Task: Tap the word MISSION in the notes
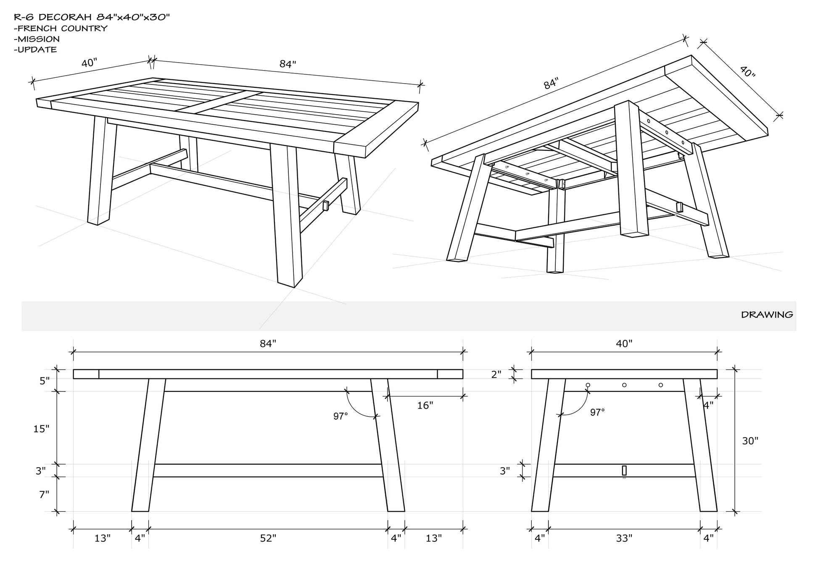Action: tap(39, 39)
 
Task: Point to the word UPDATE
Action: tap(37, 49)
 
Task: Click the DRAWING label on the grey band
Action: tap(767, 314)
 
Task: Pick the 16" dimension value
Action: tap(425, 405)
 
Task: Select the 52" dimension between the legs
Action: tap(268, 538)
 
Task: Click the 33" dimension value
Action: tap(624, 538)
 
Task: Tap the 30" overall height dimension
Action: tap(750, 441)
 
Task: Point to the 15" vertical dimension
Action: tap(41, 429)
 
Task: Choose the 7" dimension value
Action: tap(44, 494)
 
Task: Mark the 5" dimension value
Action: tap(44, 381)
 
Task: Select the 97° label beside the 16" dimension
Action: tap(340, 416)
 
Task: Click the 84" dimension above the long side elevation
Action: tap(268, 344)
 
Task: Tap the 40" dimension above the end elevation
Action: tap(624, 344)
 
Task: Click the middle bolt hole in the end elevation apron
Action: tap(624, 385)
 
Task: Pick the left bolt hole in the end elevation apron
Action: tap(588, 385)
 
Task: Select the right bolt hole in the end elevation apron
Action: tap(661, 385)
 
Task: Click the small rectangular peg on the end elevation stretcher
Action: tap(624, 470)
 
